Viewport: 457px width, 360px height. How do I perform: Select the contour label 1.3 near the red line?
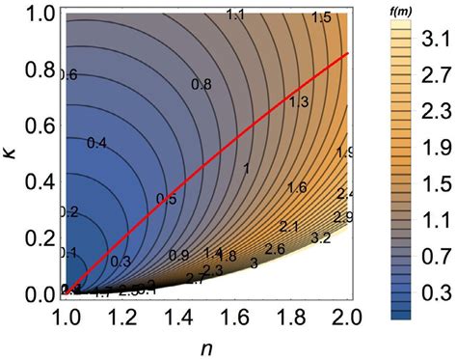[298, 102]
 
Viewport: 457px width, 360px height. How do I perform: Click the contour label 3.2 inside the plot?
[322, 237]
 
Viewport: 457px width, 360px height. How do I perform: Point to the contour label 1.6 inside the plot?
[297, 187]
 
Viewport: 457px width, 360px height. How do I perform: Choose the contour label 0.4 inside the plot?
[96, 143]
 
